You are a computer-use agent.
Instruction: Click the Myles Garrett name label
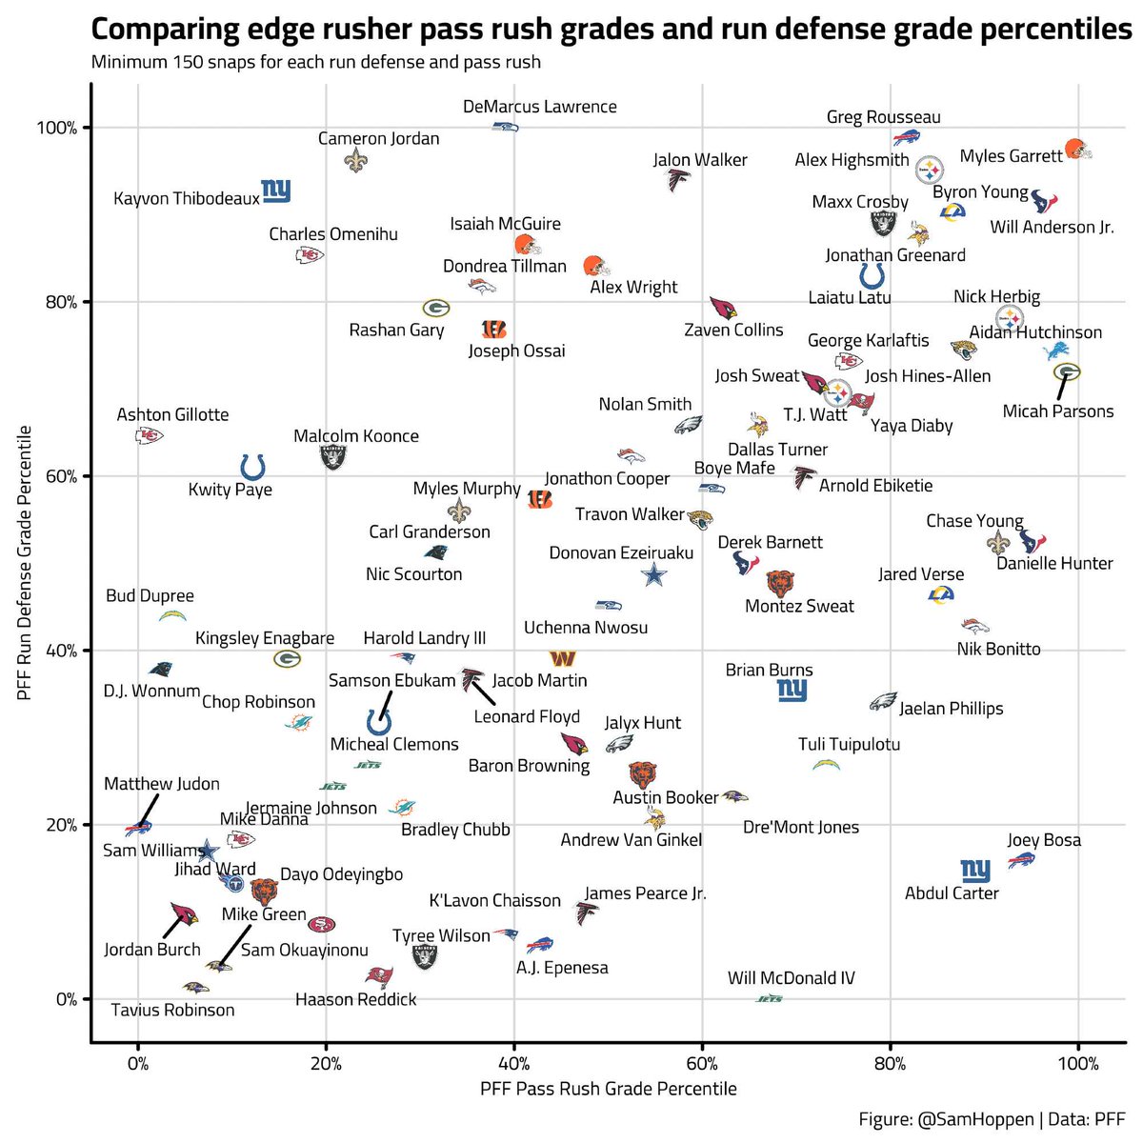point(1011,156)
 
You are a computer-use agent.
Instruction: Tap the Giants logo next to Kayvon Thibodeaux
point(276,191)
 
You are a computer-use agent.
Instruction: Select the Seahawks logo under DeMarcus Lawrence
point(506,127)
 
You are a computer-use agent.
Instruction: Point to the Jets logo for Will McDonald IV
point(770,999)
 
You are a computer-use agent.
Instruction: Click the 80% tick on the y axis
point(61,303)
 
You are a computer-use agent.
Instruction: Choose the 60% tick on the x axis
point(702,1064)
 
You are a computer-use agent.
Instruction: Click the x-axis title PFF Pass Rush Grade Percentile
point(608,1089)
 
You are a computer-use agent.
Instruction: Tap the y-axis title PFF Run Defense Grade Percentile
point(24,562)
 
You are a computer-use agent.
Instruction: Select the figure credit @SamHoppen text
point(975,1119)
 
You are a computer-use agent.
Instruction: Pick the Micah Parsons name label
point(1058,411)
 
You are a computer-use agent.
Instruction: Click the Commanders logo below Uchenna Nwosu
point(562,658)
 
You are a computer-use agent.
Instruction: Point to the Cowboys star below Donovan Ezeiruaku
point(653,574)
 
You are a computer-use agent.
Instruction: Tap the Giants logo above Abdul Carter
point(975,871)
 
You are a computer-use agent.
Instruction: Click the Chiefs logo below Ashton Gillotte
point(149,436)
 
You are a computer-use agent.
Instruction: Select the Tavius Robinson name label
point(172,1010)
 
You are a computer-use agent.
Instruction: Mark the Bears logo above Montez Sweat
point(780,584)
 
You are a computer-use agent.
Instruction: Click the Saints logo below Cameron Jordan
point(356,160)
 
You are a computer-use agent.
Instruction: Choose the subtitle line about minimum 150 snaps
point(315,62)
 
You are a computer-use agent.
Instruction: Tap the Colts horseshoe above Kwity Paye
point(252,467)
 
